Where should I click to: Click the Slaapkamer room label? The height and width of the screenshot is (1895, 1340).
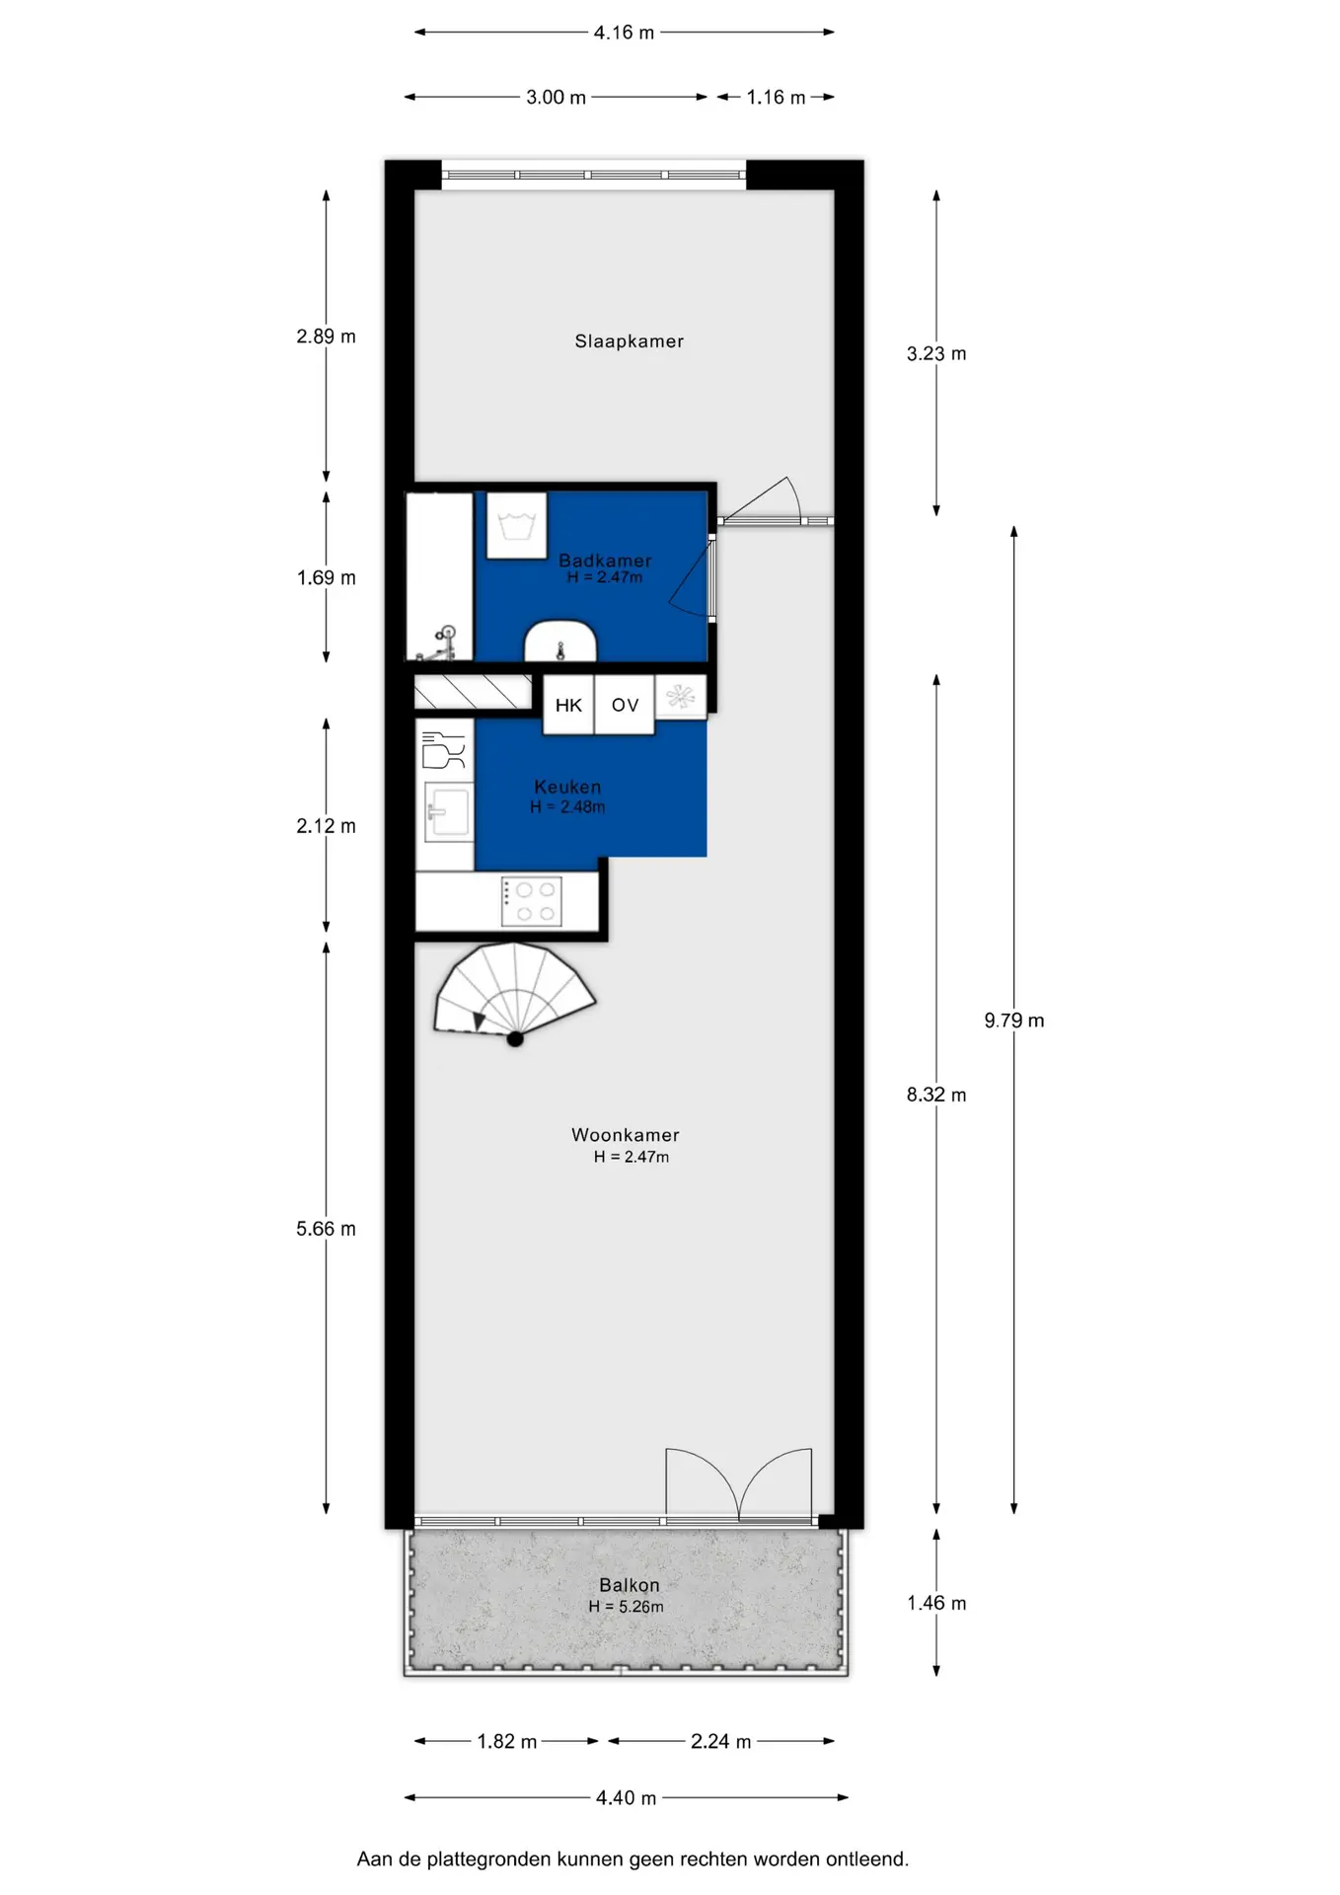(x=629, y=341)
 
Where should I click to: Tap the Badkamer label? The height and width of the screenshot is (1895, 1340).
(x=605, y=560)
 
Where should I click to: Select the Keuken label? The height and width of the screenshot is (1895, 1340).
(x=567, y=787)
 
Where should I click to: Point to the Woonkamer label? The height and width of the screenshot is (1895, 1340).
(x=626, y=1135)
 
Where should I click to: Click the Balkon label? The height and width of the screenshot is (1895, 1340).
(x=630, y=1585)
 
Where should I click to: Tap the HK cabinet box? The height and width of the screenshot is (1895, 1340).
(x=568, y=705)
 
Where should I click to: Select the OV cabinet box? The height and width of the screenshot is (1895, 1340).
(x=625, y=705)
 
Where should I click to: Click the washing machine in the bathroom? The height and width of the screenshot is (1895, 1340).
(x=517, y=526)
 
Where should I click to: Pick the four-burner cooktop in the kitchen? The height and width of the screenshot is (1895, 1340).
(x=532, y=901)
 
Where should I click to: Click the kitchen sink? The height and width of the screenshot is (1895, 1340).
(x=448, y=812)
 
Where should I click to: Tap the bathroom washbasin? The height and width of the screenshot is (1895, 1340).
(x=560, y=642)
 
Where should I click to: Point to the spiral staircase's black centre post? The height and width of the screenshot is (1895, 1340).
(x=515, y=1038)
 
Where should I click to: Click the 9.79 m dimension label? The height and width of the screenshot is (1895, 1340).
(x=1014, y=1021)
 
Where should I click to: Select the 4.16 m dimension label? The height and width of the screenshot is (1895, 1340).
(x=624, y=33)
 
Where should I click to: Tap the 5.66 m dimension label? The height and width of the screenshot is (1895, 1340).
(x=326, y=1229)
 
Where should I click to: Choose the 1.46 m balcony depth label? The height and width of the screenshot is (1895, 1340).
(x=936, y=1603)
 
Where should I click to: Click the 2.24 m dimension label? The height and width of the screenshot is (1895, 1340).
(x=721, y=1741)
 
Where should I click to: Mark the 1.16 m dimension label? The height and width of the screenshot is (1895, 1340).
(x=776, y=97)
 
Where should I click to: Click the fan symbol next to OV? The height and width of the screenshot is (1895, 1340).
(x=681, y=697)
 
